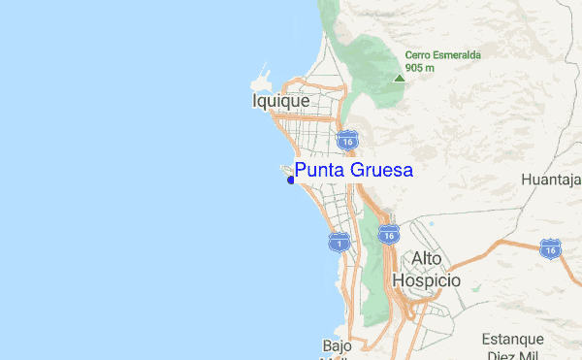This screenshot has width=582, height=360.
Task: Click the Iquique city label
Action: [280, 101]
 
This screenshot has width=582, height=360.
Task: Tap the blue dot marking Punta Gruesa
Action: [290, 179]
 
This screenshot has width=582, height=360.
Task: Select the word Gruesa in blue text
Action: [383, 171]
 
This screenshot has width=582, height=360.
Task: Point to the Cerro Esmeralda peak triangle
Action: [399, 78]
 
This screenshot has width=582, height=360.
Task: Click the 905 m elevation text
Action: [420, 68]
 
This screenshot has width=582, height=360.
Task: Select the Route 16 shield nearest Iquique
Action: [347, 142]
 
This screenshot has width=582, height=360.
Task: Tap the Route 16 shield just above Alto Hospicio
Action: [388, 234]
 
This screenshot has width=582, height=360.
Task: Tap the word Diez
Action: [499, 355]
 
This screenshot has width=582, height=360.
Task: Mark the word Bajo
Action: [336, 344]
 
